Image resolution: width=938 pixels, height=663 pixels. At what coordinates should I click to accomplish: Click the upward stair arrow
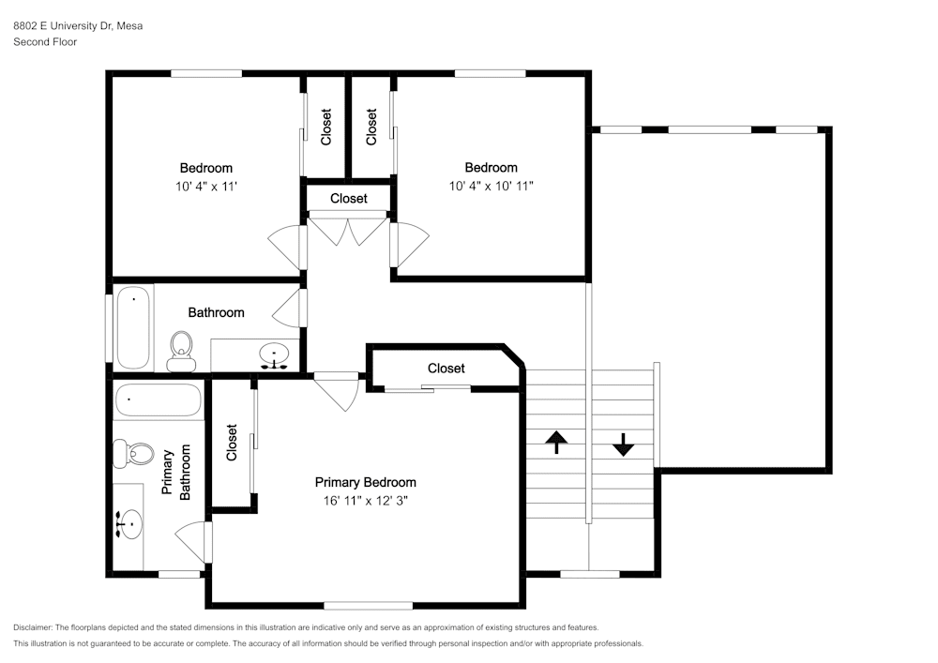[x=556, y=442]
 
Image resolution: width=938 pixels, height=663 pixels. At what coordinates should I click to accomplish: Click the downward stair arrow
[x=624, y=445]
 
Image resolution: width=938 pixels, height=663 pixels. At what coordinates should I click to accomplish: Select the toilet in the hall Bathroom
[x=181, y=352]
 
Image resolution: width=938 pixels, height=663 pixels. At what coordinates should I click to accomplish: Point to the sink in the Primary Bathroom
[x=128, y=523]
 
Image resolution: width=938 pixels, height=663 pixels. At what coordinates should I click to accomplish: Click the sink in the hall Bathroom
[x=274, y=355]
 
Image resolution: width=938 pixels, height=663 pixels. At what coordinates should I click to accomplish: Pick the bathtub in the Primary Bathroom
[x=158, y=399]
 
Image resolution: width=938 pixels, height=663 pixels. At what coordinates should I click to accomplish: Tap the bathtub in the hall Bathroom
[x=133, y=327]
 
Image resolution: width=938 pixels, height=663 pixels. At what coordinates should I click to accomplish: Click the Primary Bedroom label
[x=366, y=482]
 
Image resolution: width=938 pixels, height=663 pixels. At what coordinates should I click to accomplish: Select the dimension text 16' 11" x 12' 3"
[x=366, y=501]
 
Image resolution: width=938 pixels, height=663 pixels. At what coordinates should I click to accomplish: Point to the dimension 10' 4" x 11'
[x=206, y=186]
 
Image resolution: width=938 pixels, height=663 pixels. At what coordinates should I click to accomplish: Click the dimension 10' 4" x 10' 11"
[x=492, y=186]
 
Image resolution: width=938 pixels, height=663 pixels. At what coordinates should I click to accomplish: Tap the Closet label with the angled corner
[x=446, y=369]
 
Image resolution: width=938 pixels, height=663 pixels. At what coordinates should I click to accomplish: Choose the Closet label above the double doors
[x=349, y=198]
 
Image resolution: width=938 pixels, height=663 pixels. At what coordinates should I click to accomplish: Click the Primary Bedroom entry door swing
[x=337, y=392]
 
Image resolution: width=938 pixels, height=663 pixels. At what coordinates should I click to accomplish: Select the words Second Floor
[x=45, y=42]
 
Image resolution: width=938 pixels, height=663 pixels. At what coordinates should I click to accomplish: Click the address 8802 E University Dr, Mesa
[x=79, y=25]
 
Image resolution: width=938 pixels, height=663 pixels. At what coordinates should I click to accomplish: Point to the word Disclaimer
[x=33, y=627]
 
